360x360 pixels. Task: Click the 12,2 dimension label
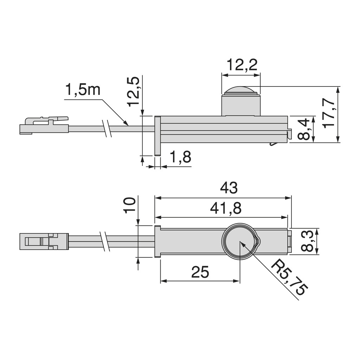[x=242, y=65]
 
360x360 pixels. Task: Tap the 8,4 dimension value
[x=303, y=129]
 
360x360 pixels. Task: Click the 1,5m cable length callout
[x=83, y=90]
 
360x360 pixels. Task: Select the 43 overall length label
[x=229, y=188]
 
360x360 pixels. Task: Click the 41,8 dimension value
[x=226, y=209]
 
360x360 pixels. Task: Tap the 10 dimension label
[x=129, y=205]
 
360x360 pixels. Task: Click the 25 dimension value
[x=200, y=272]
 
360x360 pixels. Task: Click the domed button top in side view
[x=241, y=90]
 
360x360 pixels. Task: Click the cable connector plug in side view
[x=44, y=126]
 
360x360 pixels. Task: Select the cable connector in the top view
[x=43, y=242]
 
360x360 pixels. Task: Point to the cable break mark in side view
[x=107, y=128]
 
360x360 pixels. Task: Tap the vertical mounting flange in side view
[x=157, y=136]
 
